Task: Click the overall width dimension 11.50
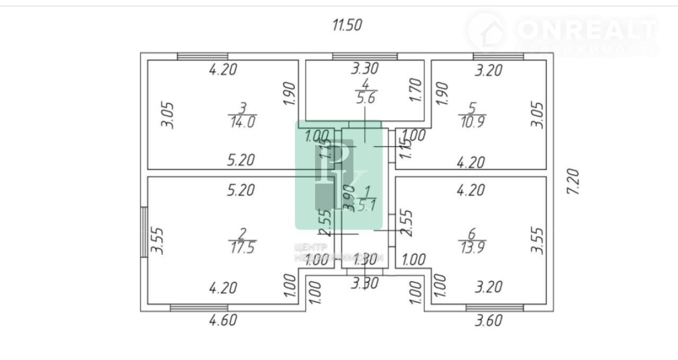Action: pos(347,25)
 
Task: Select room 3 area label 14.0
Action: pos(243,122)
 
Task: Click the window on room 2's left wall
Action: pos(144,232)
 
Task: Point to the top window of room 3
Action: pos(202,56)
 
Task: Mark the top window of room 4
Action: pos(365,56)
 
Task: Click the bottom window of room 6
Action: pos(495,308)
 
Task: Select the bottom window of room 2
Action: pos(199,308)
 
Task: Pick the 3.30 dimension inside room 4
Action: pos(365,68)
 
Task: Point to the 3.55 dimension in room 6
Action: pos(537,240)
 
